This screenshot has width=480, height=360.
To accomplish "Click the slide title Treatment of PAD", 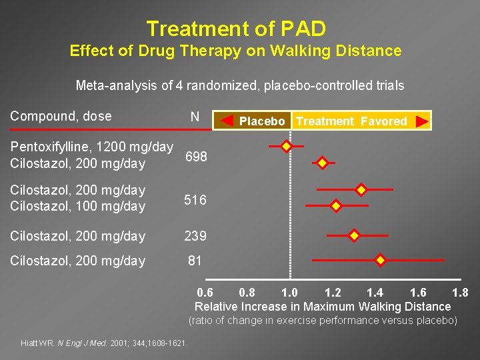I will coord(236,29).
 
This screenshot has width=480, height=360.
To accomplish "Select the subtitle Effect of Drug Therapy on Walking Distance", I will coord(235,51).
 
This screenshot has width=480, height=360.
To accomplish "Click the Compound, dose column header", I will coord(61,116).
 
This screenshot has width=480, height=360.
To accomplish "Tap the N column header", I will coord(195,117).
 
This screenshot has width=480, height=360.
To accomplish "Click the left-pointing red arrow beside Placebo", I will coord(227,121).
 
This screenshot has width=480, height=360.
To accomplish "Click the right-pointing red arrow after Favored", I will coord(421,121).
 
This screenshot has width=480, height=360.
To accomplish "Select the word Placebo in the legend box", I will coord(262,121).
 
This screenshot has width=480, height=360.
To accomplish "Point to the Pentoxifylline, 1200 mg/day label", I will coord(91,147).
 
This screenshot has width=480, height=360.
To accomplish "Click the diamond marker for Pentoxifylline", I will coord(286,146).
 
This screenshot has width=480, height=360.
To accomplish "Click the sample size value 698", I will coord(196,157).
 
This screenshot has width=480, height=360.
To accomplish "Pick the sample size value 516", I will coord(195,200).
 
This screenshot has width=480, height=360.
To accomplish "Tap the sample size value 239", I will coord(195,236).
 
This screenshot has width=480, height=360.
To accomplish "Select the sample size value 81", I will coord(195,261).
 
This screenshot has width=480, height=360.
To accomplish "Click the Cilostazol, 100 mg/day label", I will coord(77,207).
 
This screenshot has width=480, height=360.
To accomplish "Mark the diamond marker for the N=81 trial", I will coord(380,260).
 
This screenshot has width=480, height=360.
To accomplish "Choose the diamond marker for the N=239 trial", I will coord(354,235).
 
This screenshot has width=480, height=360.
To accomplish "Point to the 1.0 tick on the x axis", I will coord(289,293).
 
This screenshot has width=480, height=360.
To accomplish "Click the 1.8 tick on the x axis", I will coord(460,293).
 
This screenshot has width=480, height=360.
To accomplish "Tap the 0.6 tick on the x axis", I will coord(205,293).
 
